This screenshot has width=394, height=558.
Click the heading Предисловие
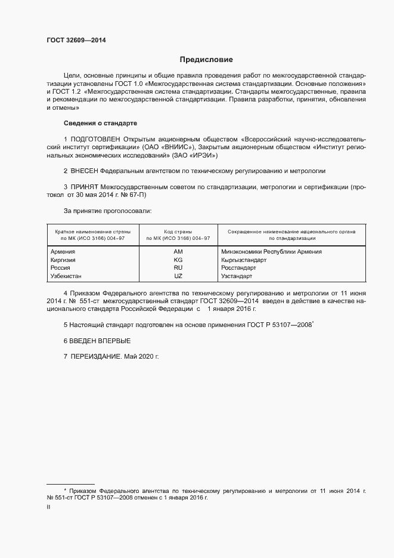click(x=207, y=60)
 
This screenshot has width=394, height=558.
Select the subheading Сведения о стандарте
click(x=100, y=123)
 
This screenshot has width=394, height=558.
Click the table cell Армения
click(x=63, y=252)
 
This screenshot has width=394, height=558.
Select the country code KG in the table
click(x=178, y=260)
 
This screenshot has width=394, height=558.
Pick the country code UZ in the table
click(x=178, y=277)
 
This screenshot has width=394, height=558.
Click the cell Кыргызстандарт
click(x=243, y=260)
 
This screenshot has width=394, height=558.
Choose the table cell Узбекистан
click(x=66, y=277)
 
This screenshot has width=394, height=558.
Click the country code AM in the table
click(x=178, y=252)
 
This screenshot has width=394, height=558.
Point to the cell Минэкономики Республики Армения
click(x=271, y=252)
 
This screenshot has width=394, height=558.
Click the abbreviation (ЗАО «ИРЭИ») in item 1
click(x=197, y=155)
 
